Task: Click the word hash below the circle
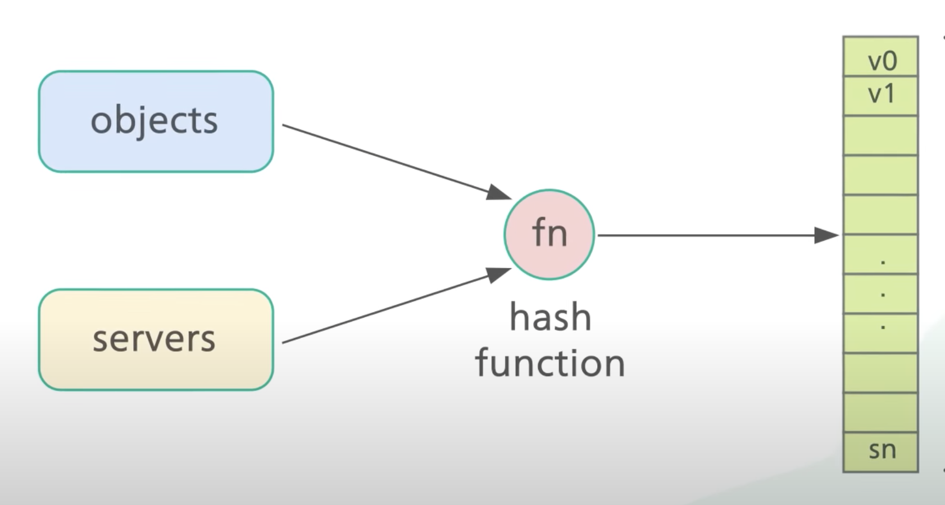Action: [x=550, y=318]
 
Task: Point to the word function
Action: [x=550, y=363]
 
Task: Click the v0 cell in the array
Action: [x=880, y=58]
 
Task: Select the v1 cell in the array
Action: [x=880, y=96]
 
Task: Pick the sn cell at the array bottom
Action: [x=880, y=452]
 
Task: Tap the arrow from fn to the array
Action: [x=702, y=235]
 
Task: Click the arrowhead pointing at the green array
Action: [x=826, y=235]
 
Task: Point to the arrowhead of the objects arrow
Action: [x=498, y=193]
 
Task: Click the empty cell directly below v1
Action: [x=880, y=135]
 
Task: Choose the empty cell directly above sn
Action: [x=880, y=412]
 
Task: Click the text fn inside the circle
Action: [x=549, y=232]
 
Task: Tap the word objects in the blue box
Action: [x=154, y=120]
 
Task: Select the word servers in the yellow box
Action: [x=154, y=339]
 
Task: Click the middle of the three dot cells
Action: [x=880, y=294]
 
